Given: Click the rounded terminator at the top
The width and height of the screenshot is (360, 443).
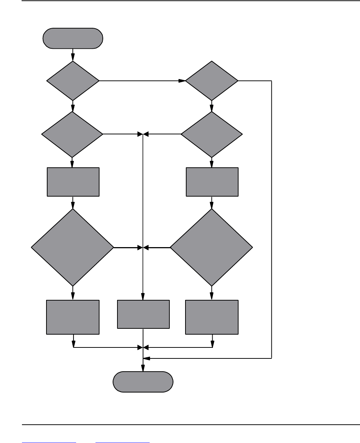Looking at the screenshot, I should tap(73, 38).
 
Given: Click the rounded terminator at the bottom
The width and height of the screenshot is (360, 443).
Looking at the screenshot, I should tap(143, 382).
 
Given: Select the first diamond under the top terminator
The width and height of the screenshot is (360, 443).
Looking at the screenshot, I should tap(73, 81).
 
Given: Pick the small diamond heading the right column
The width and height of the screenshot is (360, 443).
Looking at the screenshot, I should tap(211, 81).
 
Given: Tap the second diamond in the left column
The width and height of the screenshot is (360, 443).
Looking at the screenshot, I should tap(72, 134).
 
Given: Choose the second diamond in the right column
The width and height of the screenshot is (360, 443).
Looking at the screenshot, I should tap(211, 134).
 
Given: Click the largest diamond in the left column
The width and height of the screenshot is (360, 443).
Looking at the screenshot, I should tap(72, 247).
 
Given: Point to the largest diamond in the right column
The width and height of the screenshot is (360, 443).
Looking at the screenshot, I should tap(211, 247).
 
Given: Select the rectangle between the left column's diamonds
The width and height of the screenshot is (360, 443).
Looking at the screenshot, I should tap(73, 182).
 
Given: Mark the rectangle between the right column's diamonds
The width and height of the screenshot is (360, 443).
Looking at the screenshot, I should tap(212, 182).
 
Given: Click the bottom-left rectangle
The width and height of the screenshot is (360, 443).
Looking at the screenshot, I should tap(73, 317).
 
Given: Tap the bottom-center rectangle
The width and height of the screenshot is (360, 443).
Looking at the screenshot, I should tap(143, 314).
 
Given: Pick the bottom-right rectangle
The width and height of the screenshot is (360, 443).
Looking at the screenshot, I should tap(212, 317).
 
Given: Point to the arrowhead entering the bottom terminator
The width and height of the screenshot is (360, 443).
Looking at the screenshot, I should tap(143, 368).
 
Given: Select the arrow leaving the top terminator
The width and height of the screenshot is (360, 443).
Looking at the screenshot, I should tap(73, 55).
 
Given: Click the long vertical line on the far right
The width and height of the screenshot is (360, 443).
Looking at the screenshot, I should tap(272, 220).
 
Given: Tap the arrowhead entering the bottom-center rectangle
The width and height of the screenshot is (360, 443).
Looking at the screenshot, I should tap(143, 297).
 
